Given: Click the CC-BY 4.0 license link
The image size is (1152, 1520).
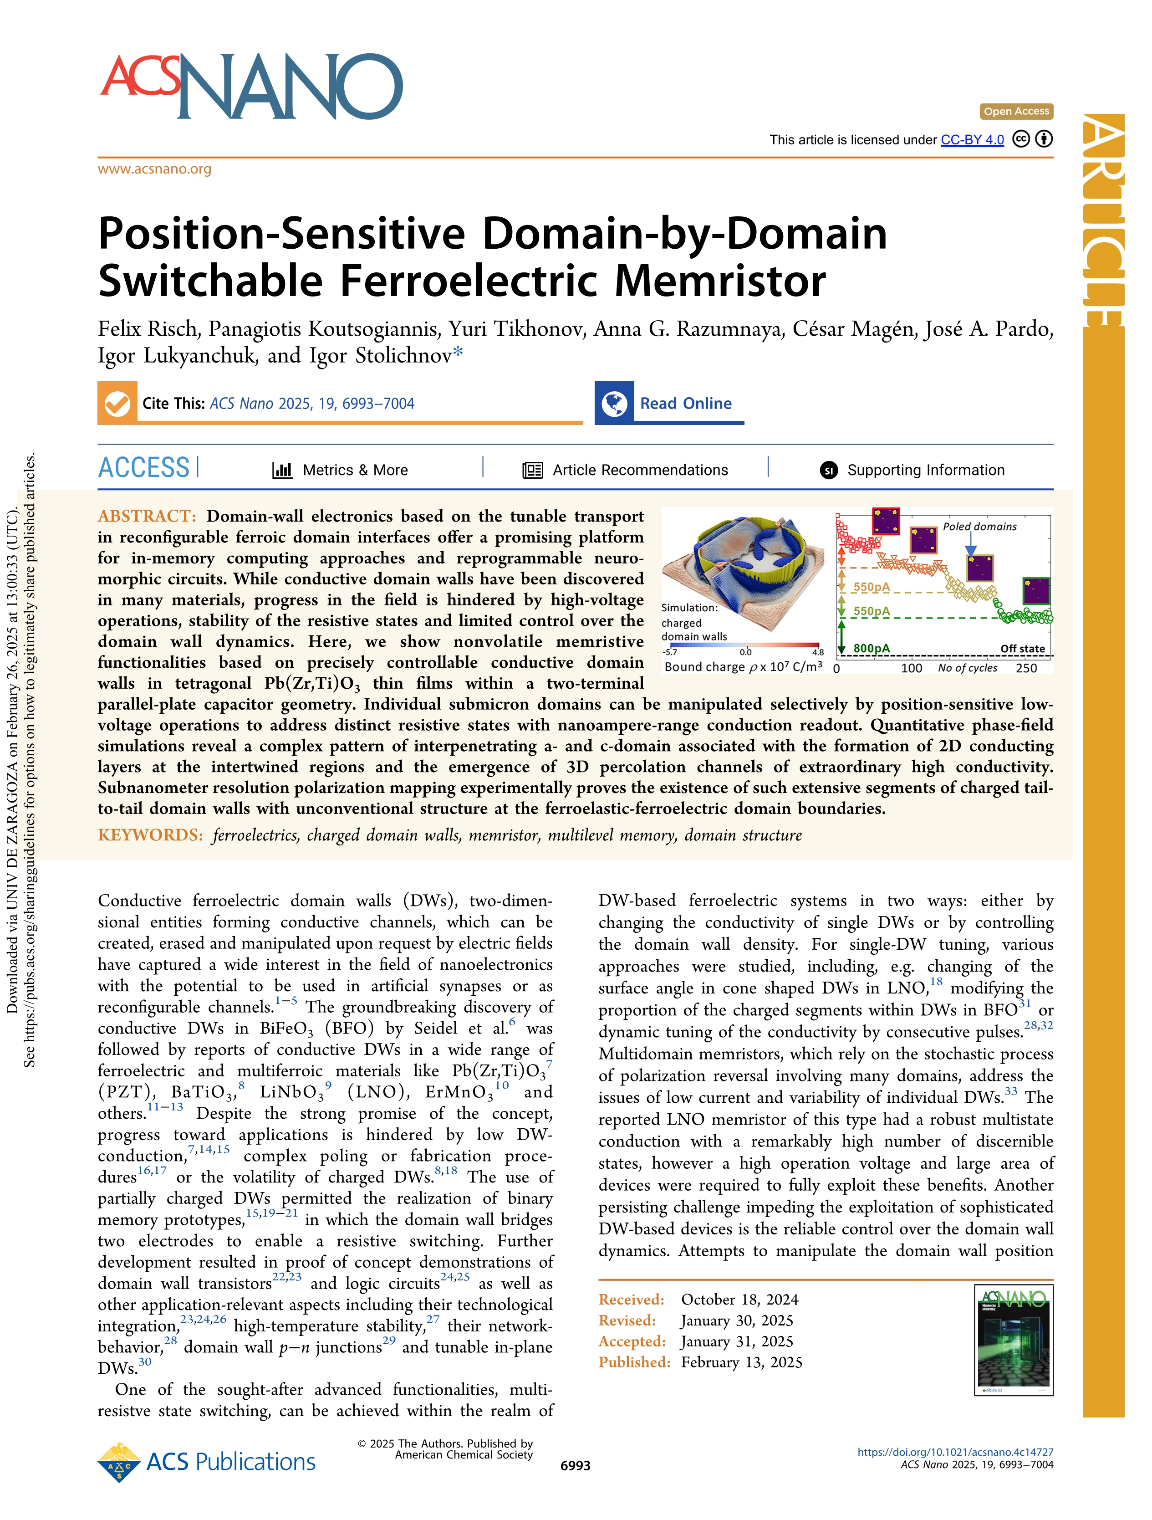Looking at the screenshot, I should pyautogui.click(x=972, y=140).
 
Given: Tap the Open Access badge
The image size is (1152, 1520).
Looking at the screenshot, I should pyautogui.click(x=1016, y=111).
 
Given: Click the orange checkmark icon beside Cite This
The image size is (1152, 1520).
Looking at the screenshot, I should pyautogui.click(x=117, y=404).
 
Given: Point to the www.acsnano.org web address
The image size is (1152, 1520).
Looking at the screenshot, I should pyautogui.click(x=154, y=169).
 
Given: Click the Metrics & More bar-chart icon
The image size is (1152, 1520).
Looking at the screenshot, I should pyautogui.click(x=282, y=470).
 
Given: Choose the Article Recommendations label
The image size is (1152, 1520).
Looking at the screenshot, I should pyautogui.click(x=640, y=470).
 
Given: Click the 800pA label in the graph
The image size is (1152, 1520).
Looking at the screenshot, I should pyautogui.click(x=871, y=648).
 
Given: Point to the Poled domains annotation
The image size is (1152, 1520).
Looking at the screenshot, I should pyautogui.click(x=979, y=527).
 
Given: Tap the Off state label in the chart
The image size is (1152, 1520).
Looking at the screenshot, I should pyautogui.click(x=1022, y=649).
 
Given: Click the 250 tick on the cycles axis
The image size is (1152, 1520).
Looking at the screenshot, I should pyautogui.click(x=1026, y=668).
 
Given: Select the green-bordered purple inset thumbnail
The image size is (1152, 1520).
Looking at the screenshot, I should pyautogui.click(x=1036, y=591).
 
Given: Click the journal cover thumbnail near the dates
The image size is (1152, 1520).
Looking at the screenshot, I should pyautogui.click(x=1013, y=1340).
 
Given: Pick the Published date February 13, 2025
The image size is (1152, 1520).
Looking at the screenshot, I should pyautogui.click(x=741, y=1362).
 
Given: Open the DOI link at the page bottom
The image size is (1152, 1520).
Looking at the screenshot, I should pyautogui.click(x=955, y=1452).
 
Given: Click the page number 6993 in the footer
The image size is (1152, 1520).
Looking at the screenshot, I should pyautogui.click(x=575, y=1466).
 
